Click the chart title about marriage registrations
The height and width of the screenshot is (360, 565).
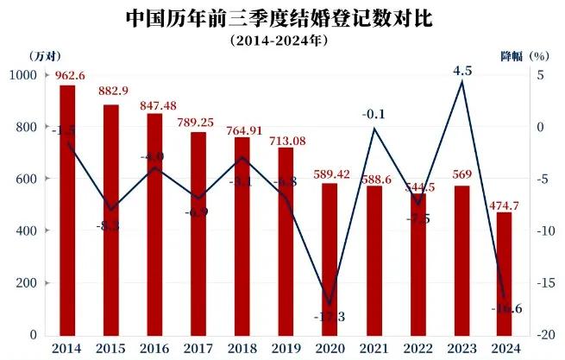click(282, 16)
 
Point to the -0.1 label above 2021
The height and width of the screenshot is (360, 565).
click(374, 112)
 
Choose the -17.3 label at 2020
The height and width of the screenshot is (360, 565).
click(330, 318)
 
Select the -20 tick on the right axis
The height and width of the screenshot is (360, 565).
click(541, 335)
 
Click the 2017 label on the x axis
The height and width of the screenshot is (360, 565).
click(198, 348)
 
